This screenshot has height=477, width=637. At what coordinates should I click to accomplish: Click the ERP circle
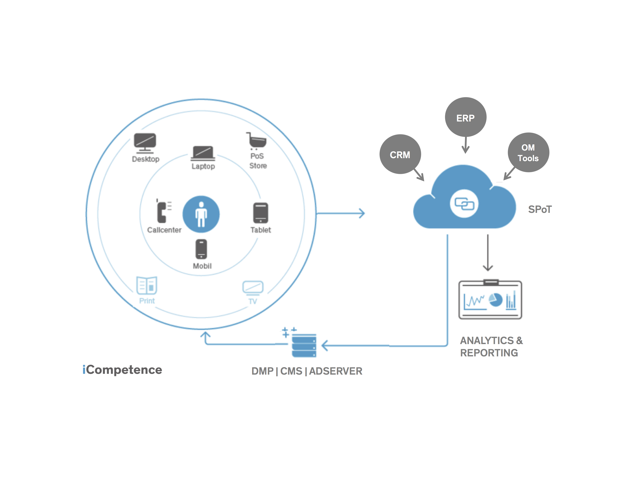[465, 117]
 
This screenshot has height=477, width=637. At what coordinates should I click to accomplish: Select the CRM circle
[400, 154]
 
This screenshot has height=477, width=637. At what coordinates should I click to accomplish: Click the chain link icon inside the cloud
[464, 204]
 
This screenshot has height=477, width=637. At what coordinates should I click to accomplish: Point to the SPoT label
[540, 209]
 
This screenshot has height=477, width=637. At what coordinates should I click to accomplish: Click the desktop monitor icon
[145, 143]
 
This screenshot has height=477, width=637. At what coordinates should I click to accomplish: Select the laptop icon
[203, 153]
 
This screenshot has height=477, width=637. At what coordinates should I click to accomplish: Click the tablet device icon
[261, 213]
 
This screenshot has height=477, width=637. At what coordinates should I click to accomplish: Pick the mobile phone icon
[201, 249]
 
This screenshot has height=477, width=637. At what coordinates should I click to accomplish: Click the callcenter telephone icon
[163, 211]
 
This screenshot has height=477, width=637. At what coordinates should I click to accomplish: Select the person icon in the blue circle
[201, 214]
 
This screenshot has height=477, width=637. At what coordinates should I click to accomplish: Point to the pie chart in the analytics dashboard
[496, 300]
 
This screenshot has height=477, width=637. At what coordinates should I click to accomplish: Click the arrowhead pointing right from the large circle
[362, 213]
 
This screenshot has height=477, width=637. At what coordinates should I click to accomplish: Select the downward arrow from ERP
[466, 145]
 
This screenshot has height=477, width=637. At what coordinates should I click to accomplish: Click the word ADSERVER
[336, 371]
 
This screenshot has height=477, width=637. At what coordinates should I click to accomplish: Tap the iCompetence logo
[122, 370]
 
